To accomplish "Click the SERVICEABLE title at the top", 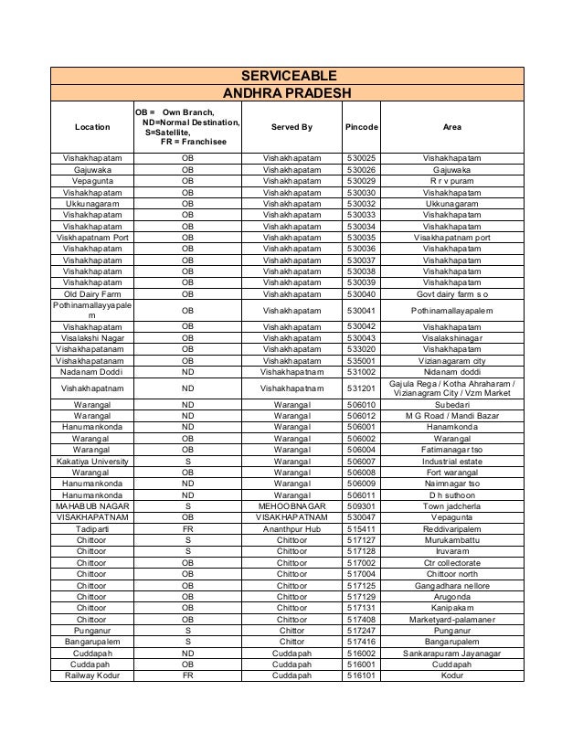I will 288,76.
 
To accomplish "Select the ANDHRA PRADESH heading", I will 288,92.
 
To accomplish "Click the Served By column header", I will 291,127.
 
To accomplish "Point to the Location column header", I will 92,127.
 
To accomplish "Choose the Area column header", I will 451,127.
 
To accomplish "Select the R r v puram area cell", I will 451,181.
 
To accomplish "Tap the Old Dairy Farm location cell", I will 92,294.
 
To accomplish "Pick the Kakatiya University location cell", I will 92,461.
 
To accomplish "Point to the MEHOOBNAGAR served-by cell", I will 291,505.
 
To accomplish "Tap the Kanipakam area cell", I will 451,607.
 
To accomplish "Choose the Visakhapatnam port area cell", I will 451,238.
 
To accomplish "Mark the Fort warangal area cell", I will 451,473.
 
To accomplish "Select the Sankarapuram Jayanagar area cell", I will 451,654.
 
